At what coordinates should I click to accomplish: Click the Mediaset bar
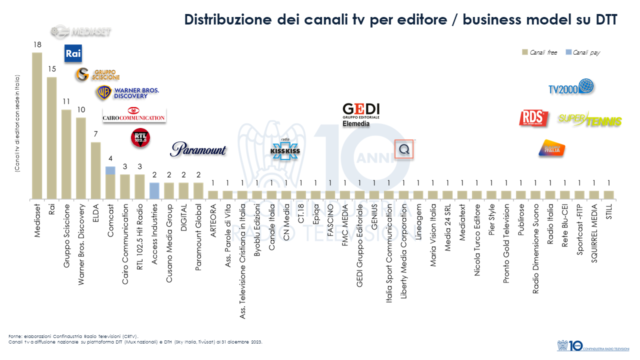[37, 125]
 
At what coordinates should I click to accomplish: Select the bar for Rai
[52, 137]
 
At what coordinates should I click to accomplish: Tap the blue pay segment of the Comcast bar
[110, 170]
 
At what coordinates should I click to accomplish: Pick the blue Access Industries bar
[154, 190]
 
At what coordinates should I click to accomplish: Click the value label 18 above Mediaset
[37, 45]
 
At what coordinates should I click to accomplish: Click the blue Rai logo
[73, 53]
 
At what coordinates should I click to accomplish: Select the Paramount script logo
[198, 149]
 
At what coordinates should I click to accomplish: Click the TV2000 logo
[571, 87]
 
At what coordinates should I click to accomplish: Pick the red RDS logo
[531, 118]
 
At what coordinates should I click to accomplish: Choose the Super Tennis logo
[589, 119]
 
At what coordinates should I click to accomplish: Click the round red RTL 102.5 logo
[140, 138]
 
